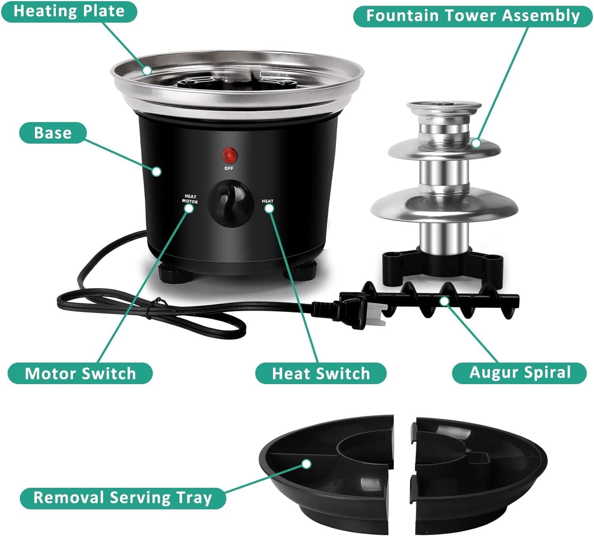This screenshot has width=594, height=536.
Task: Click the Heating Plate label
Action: point(69,11)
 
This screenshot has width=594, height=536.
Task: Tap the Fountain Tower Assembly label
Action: point(472,16)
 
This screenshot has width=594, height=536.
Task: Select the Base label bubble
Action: point(53,133)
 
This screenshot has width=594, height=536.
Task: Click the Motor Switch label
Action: point(80,373)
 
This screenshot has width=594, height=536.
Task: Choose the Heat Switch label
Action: point(321,373)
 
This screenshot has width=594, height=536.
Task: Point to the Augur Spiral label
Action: point(519,373)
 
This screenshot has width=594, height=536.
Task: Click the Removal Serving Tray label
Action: point(123,498)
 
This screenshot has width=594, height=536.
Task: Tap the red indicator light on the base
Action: point(229,156)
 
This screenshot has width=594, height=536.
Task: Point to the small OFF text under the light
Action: point(229,169)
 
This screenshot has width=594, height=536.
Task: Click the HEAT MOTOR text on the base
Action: point(190,199)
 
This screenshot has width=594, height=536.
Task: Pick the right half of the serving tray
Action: point(479,471)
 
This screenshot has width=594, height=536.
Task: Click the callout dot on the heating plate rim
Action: point(147,70)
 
